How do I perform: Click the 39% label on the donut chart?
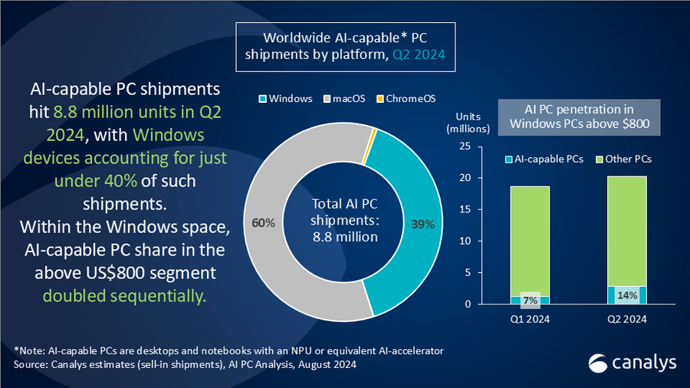pyautogui.click(x=422, y=225)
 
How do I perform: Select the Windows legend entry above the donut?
pyautogui.click(x=284, y=99)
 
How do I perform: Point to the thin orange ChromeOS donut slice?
pyautogui.click(x=372, y=136)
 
